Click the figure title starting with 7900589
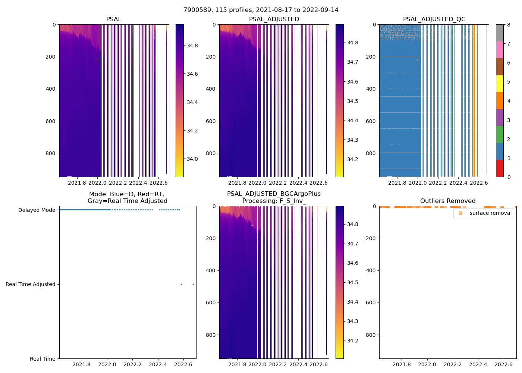click(261, 10)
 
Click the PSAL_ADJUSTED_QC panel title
click(434, 19)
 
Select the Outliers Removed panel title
click(447, 201)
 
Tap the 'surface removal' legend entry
click(490, 213)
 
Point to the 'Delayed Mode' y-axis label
click(37, 210)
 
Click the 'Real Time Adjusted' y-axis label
click(31, 284)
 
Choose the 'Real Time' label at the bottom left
click(43, 359)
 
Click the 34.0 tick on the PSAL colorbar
click(192, 159)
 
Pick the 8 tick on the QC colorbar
click(509, 25)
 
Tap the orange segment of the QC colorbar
click(500, 101)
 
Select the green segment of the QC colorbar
click(500, 135)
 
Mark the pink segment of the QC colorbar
click(500, 50)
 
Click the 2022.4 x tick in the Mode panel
click(158, 364)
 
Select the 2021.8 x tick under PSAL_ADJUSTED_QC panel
click(397, 183)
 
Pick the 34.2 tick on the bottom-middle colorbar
click(352, 341)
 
